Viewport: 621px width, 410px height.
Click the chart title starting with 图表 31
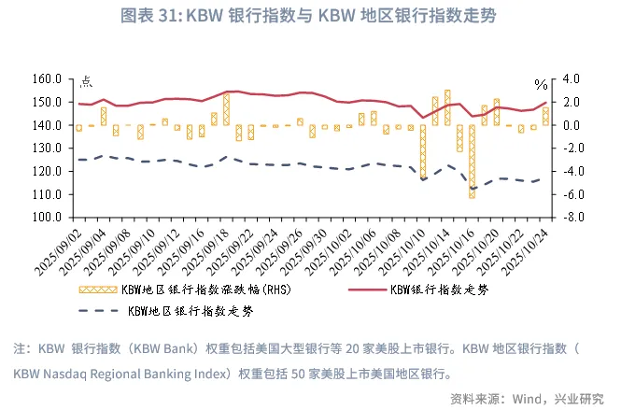[x=309, y=16]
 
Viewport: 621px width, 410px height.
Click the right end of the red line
[x=546, y=103]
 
